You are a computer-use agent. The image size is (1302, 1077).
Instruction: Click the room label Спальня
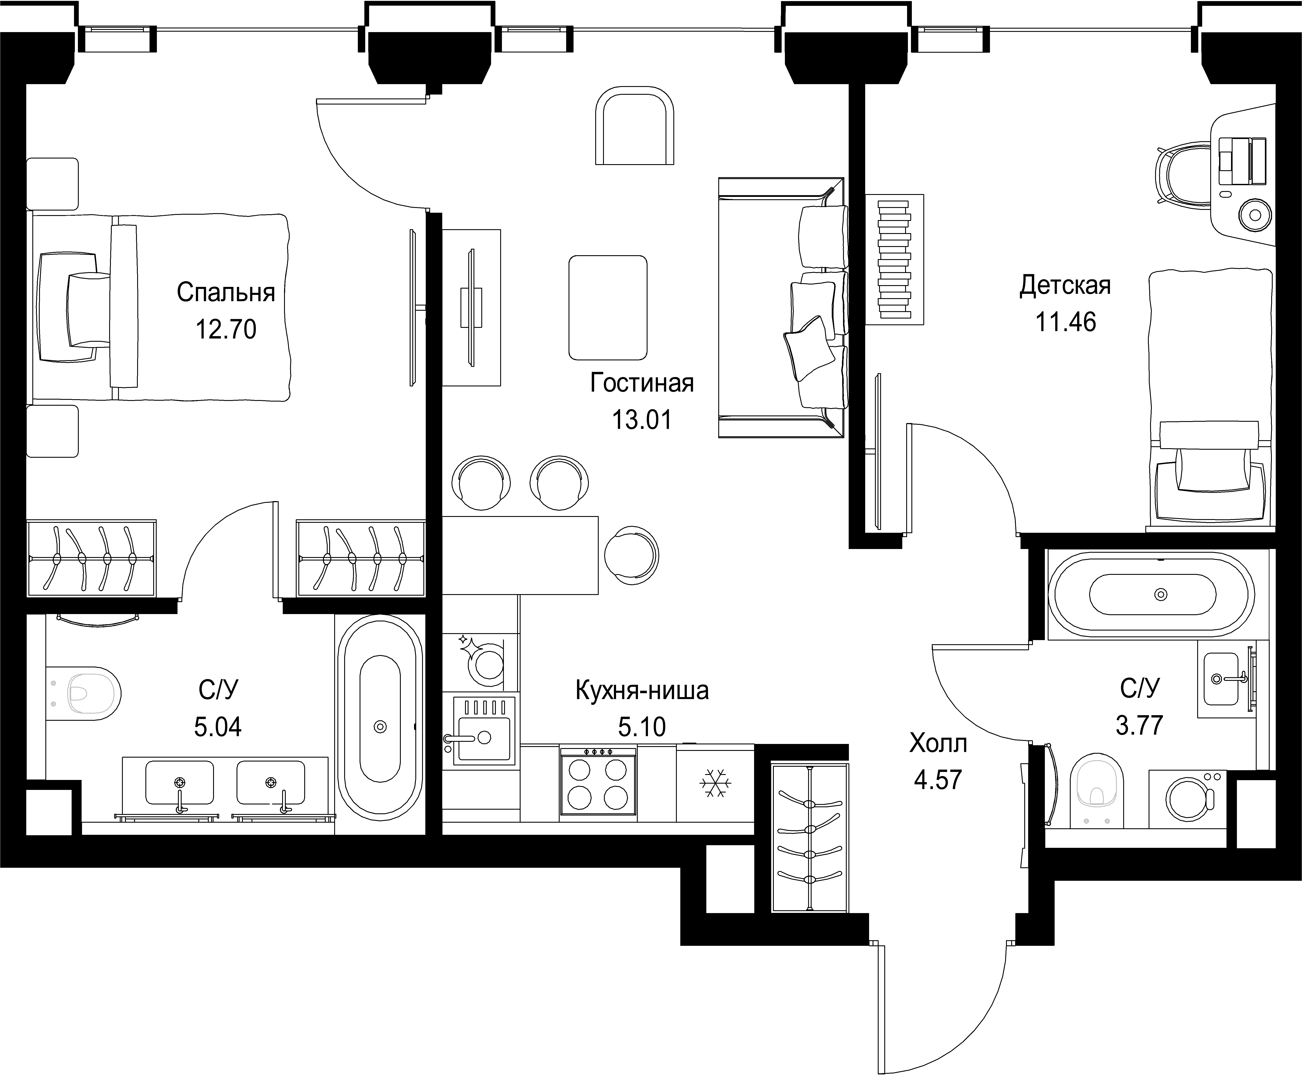[x=226, y=293]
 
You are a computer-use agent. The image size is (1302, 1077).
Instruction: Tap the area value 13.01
[x=642, y=420]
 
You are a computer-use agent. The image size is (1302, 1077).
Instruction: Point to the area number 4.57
[x=938, y=780]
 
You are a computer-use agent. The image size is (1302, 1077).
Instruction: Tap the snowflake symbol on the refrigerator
[x=715, y=784]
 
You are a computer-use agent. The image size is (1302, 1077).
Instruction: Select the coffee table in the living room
[x=608, y=308]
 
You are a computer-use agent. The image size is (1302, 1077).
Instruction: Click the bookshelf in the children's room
[x=895, y=259]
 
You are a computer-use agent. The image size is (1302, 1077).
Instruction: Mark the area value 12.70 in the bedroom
[x=226, y=329]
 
